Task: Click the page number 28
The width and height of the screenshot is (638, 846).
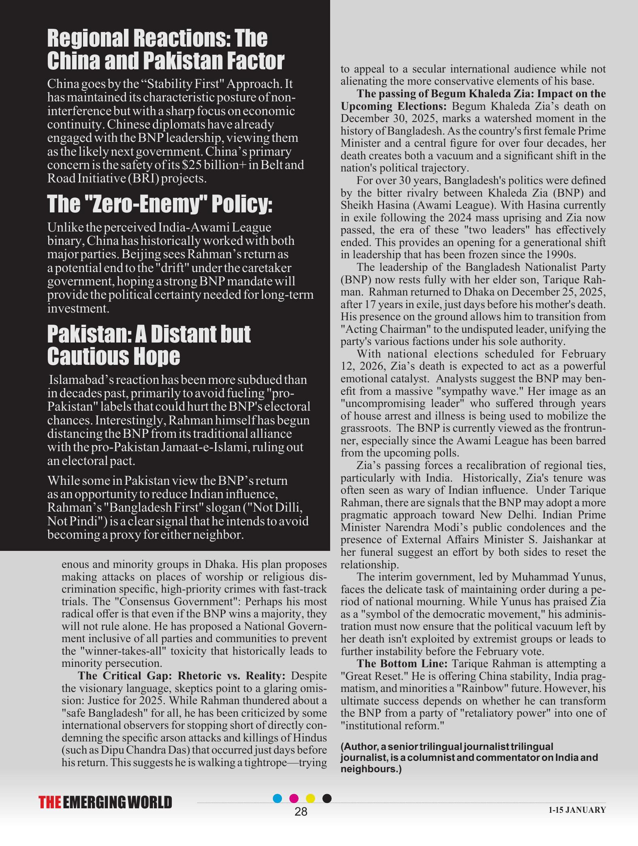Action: pyautogui.click(x=301, y=812)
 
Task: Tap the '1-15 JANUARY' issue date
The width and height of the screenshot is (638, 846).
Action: pyautogui.click(x=577, y=810)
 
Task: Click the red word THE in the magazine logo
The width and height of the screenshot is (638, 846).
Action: pyautogui.click(x=50, y=803)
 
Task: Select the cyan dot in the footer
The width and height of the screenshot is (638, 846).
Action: pyautogui.click(x=277, y=798)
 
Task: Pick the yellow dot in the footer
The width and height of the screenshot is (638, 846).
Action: pyautogui.click(x=310, y=798)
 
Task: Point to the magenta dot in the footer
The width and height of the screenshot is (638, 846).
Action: pyautogui.click(x=294, y=798)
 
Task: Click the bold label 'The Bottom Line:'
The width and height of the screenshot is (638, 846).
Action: pyautogui.click(x=402, y=664)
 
